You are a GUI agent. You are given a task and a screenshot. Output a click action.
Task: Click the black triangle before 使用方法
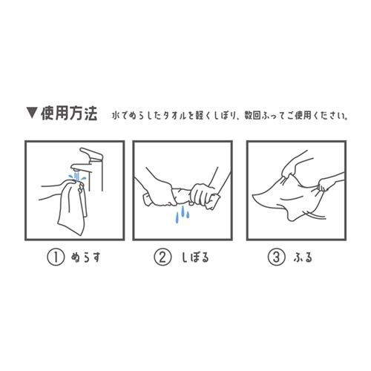(32, 113)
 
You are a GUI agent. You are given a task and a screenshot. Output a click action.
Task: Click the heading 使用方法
(69, 114)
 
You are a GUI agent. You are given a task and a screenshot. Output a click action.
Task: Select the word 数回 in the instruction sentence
(252, 116)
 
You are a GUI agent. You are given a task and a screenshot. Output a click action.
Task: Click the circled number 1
(56, 257)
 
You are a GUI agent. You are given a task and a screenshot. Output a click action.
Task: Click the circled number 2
(162, 257)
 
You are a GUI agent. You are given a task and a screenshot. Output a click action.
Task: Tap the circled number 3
(276, 257)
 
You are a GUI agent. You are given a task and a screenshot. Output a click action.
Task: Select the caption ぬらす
(85, 257)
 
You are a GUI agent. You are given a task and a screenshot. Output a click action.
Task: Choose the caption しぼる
(195, 257)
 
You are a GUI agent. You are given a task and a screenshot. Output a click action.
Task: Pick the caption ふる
(303, 257)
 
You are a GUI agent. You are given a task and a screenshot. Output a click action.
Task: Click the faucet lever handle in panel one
(91, 154)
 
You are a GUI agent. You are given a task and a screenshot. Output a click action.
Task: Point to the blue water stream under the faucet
(77, 177)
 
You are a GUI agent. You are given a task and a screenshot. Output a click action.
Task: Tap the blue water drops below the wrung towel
(183, 214)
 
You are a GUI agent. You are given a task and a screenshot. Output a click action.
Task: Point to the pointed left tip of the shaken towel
(253, 196)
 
